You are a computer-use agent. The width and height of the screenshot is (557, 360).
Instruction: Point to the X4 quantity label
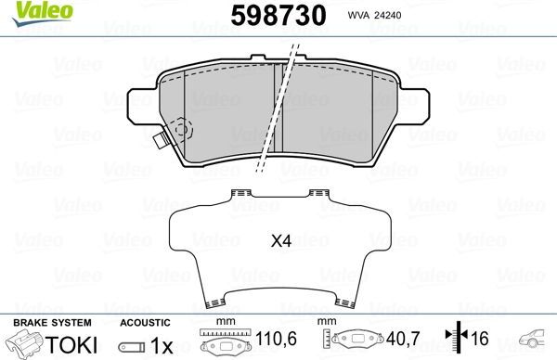point(280,241)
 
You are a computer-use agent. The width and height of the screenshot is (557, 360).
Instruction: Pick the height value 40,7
point(402,341)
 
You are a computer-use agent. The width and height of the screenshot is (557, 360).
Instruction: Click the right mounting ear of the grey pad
point(421,99)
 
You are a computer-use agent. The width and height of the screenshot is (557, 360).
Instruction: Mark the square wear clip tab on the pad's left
point(162,141)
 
